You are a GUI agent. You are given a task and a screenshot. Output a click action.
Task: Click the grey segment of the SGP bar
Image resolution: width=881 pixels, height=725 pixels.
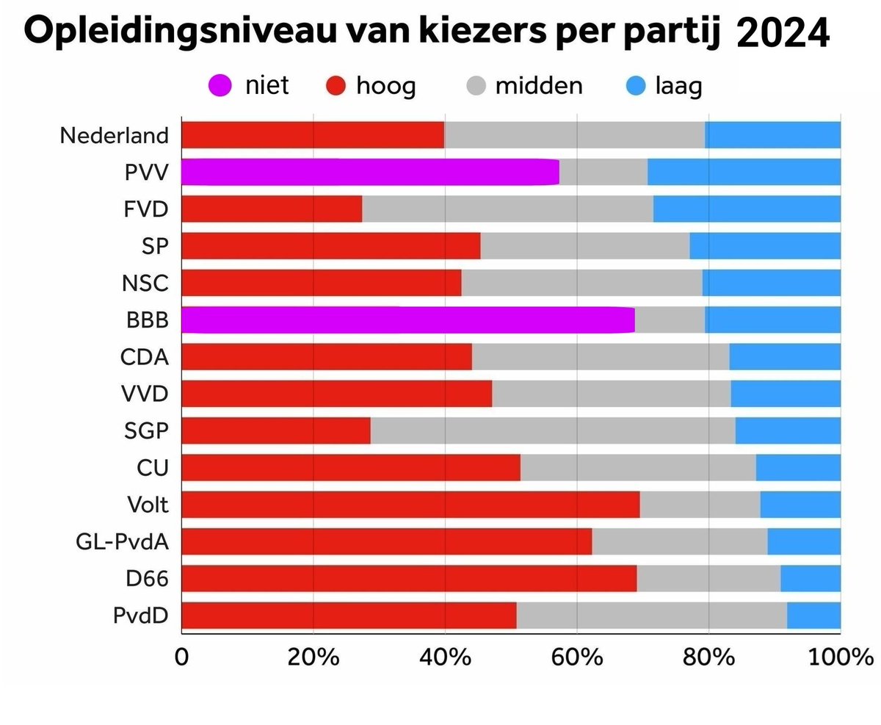click(552, 430)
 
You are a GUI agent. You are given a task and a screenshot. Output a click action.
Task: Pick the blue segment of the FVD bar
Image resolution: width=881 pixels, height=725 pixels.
click(747, 209)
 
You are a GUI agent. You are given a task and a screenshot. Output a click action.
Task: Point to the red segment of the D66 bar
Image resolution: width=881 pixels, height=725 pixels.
click(408, 578)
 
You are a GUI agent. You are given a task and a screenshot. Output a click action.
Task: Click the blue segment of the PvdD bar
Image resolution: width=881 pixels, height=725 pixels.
click(813, 616)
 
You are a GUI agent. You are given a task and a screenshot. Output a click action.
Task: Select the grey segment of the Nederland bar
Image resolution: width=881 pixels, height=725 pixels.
click(574, 135)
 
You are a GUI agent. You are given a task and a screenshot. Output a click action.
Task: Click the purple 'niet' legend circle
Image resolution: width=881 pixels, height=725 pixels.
click(220, 87)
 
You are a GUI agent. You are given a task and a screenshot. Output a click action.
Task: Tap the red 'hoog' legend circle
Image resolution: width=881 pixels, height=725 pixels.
click(335, 87)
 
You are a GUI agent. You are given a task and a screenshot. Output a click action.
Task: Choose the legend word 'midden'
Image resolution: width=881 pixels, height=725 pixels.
click(538, 87)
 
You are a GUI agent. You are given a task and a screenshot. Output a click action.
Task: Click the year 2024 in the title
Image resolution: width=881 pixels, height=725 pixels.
click(782, 33)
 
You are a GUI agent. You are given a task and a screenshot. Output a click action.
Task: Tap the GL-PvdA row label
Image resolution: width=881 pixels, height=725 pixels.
click(122, 542)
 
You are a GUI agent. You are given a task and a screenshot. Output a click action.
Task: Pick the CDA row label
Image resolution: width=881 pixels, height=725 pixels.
click(145, 357)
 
